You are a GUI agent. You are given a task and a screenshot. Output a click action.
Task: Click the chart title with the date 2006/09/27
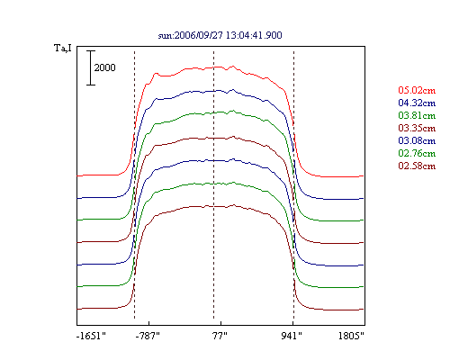click(x=220, y=35)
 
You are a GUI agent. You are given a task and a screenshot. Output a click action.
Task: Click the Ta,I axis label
click(x=63, y=48)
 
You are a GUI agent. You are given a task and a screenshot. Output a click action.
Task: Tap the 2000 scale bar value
click(x=104, y=67)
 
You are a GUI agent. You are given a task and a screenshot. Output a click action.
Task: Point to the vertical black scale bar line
click(x=91, y=67)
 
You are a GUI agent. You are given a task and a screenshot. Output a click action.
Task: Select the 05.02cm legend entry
click(x=417, y=90)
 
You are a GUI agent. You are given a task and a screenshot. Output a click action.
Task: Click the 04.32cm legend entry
click(x=417, y=103)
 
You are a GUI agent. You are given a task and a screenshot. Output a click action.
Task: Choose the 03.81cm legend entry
click(x=417, y=115)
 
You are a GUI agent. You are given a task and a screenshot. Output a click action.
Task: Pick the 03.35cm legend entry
click(x=417, y=128)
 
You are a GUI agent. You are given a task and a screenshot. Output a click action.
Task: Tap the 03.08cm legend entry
click(x=417, y=140)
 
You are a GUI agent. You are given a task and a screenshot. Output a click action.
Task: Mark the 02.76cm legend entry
click(x=417, y=153)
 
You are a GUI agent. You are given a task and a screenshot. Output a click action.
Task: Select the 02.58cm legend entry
click(x=417, y=166)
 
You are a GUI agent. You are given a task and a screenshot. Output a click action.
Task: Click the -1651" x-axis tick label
click(x=91, y=336)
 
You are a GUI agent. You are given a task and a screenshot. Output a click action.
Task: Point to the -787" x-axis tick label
click(x=148, y=336)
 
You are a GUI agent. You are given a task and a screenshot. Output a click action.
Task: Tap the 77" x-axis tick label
click(x=220, y=336)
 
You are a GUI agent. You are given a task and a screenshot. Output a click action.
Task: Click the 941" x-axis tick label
click(x=292, y=336)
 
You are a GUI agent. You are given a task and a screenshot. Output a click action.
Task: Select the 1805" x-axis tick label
click(x=351, y=336)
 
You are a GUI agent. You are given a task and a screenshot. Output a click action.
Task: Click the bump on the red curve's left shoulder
click(x=156, y=74)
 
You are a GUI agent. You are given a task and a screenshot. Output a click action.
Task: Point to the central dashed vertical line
click(x=213, y=184)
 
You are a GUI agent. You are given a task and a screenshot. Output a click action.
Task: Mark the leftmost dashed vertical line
click(x=134, y=184)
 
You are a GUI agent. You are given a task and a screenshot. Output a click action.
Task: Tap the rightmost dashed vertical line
click(x=293, y=184)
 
